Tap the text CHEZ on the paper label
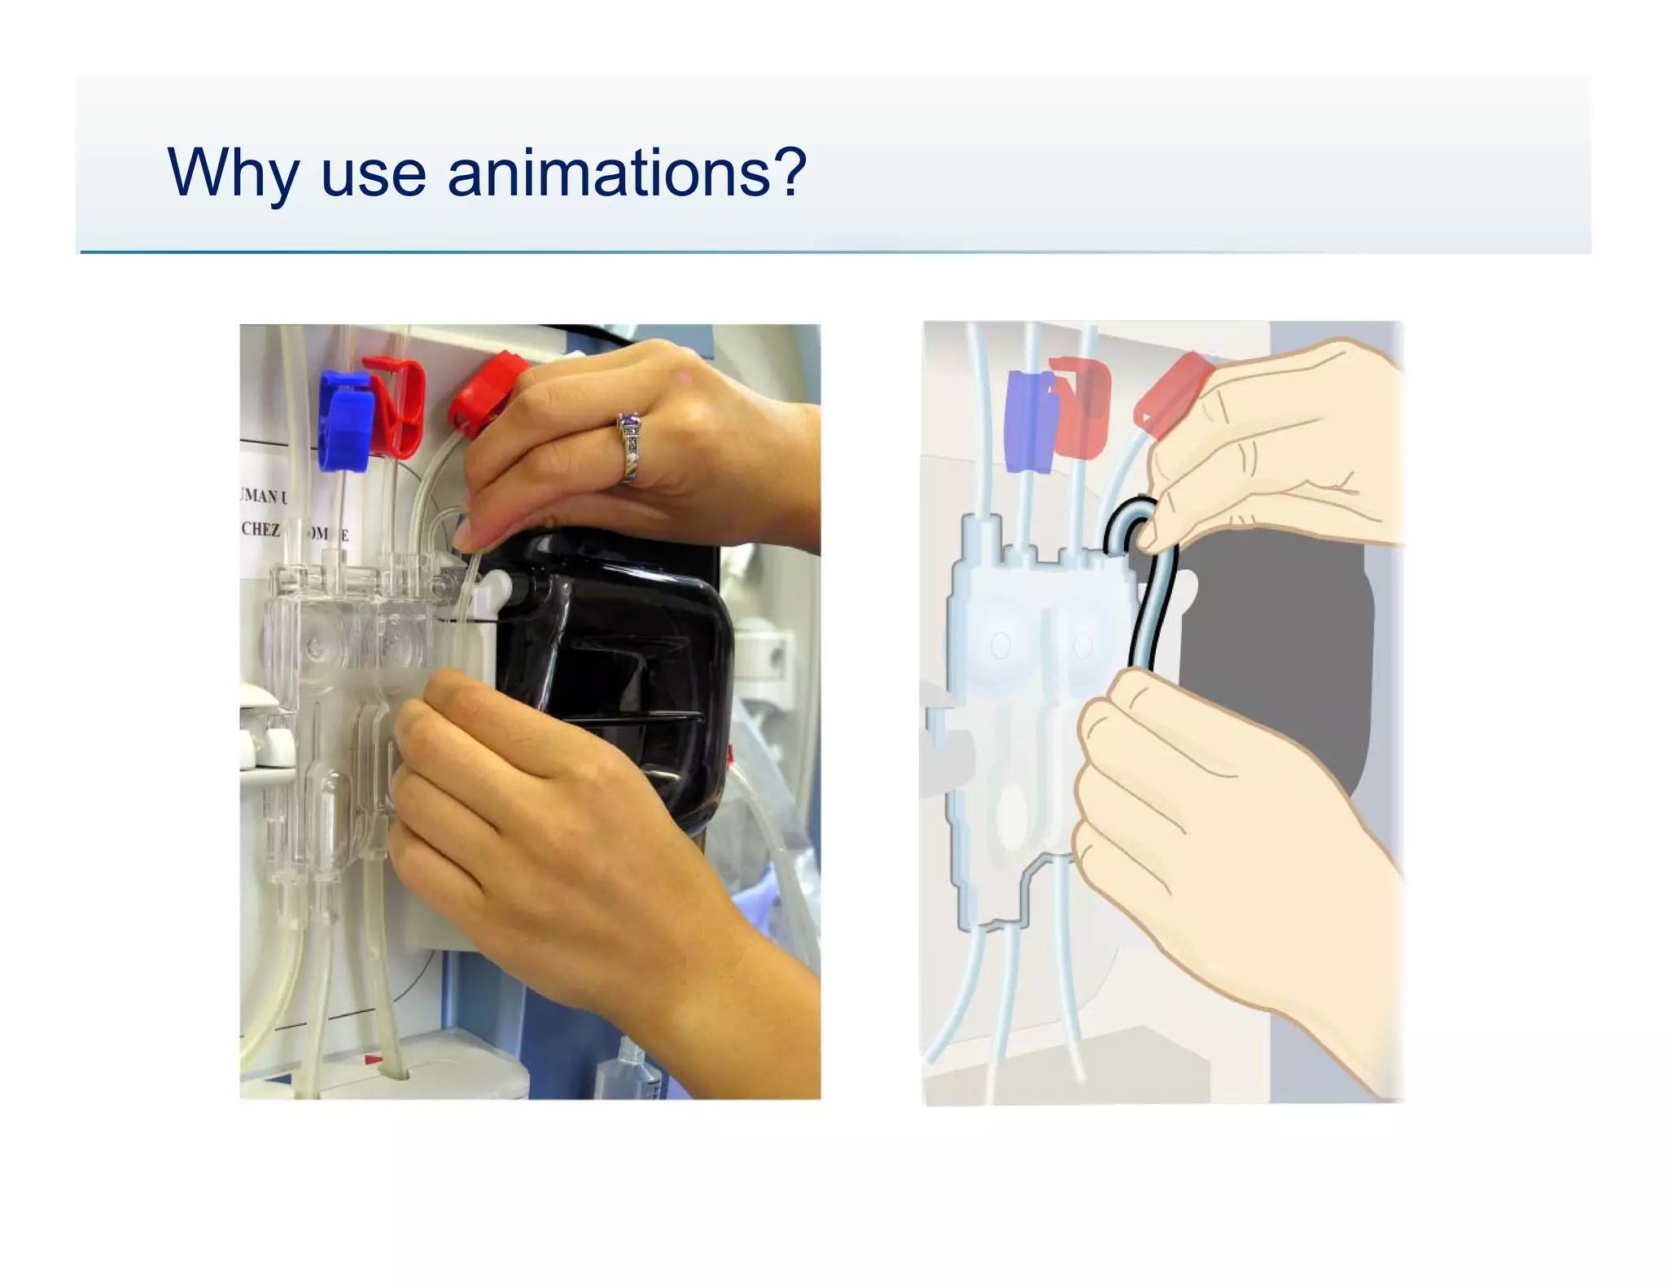coord(260,529)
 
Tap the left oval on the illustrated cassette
coord(1000,646)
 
